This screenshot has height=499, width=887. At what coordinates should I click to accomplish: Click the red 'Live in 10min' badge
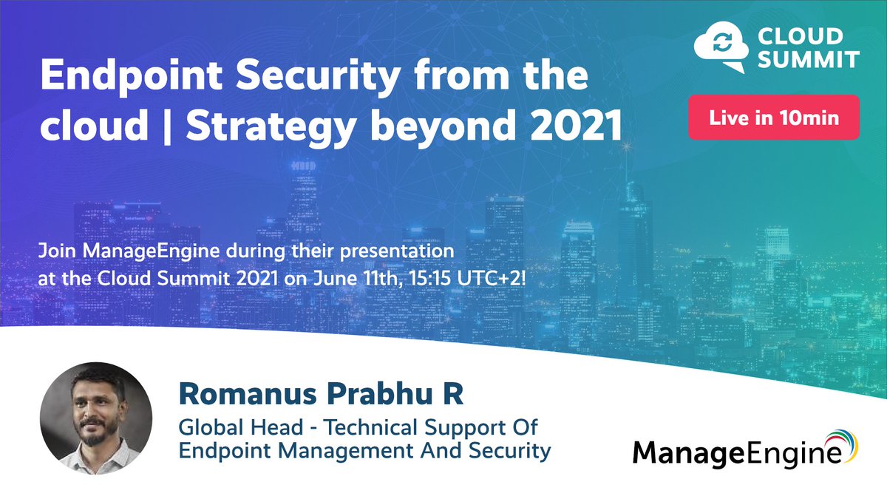[773, 118]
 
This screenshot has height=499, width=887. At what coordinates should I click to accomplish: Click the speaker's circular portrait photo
[96, 418]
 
